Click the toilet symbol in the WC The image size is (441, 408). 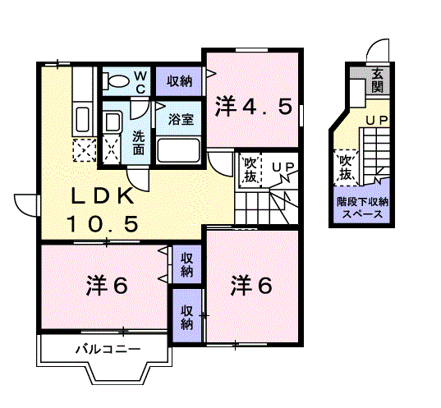coord(116,80)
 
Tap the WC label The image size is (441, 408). coord(140,82)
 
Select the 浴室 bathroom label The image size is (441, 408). coord(181,119)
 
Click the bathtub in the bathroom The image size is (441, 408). coord(178,150)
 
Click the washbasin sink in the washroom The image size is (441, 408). coord(113,122)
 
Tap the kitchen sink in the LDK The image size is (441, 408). coord(82,119)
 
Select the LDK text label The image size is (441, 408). coord(103,195)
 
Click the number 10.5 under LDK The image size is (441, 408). coord(103,224)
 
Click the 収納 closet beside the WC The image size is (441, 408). coord(179,81)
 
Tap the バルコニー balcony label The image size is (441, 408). coord(108,349)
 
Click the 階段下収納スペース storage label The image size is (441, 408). coord(362,208)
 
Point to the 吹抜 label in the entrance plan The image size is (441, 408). coord(346,167)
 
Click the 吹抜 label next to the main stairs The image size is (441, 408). coord(250,170)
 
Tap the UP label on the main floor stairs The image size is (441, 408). coord(283,167)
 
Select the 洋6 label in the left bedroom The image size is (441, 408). coord(107,286)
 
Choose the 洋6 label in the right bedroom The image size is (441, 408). coord(252,286)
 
